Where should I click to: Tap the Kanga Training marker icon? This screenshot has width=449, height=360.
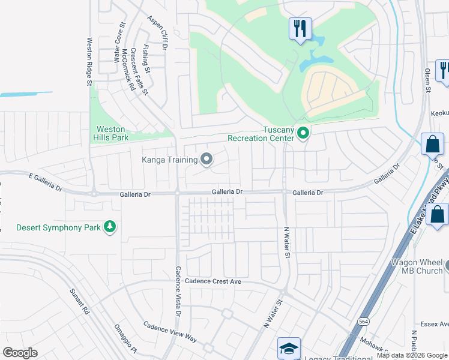pyautogui.click(x=207, y=159)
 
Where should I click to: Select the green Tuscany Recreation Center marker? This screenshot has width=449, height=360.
pyautogui.click(x=303, y=133)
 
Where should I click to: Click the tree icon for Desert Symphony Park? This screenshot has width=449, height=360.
pyautogui.click(x=109, y=227)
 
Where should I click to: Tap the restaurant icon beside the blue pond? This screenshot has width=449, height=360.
pyautogui.click(x=299, y=28)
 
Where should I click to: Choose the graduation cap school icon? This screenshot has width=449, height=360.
pyautogui.click(x=288, y=349)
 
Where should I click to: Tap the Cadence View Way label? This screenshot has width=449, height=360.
pyautogui.click(x=170, y=331)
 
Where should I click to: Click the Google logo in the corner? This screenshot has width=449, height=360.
pyautogui.click(x=20, y=353)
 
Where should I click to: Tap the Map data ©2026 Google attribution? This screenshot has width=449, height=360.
pyautogui.click(x=412, y=355)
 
